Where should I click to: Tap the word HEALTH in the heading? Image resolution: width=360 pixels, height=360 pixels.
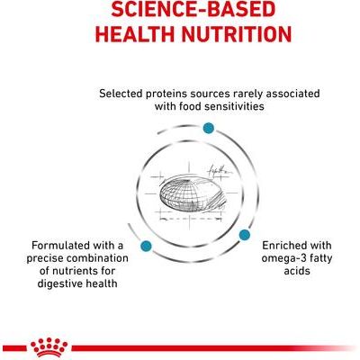(119, 35)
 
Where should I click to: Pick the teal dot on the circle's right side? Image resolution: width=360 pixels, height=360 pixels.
(243, 234)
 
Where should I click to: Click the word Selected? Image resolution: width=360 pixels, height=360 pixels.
(124, 93)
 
